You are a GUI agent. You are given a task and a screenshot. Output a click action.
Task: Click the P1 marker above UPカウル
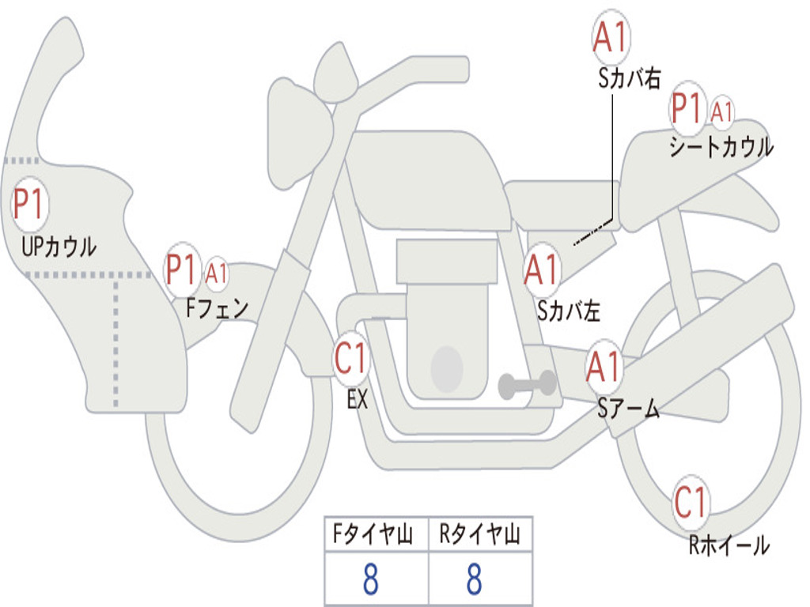tap(30, 205)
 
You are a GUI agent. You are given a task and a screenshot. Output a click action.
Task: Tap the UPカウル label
tap(59, 247)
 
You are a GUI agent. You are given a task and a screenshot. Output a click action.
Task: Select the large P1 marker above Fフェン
tap(182, 271)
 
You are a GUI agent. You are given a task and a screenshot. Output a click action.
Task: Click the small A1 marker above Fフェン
tap(217, 273)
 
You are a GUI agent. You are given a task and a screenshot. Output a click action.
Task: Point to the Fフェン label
tap(218, 307)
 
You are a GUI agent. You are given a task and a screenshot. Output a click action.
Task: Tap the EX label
tap(358, 399)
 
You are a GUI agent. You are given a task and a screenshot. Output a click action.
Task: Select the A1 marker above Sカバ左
tap(543, 270)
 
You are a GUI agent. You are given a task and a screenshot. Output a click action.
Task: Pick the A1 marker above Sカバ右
tap(611, 37)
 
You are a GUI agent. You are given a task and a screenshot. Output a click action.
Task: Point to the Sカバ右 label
tap(630, 77)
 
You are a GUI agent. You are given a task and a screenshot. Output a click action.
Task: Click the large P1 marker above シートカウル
tap(687, 109)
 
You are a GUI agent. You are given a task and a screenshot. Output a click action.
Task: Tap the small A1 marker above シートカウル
tap(721, 111)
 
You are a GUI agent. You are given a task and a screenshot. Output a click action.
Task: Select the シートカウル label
tap(721, 147)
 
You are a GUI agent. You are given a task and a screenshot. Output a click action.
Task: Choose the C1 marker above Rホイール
tap(691, 501)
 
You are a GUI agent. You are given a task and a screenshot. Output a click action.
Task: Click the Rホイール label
tap(729, 545)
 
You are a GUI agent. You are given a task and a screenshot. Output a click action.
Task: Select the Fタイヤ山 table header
tap(376, 536)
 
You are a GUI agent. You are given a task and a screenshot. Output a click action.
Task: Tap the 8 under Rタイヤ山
tap(474, 579)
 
